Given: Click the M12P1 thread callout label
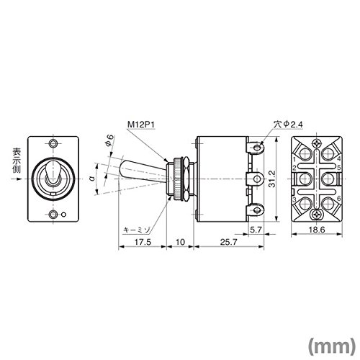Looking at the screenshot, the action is tap(141, 125).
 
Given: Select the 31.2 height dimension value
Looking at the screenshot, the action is tap(272, 179).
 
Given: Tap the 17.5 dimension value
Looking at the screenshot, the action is tap(143, 242).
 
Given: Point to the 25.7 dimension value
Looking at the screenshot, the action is tap(228, 242).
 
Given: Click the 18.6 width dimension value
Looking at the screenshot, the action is tap(317, 230).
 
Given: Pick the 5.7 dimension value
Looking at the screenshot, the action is tap(256, 230).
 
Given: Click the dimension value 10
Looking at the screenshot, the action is tap(180, 242).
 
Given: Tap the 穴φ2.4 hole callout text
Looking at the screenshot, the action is tap(288, 125).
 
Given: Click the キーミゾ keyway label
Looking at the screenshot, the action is tap(137, 230).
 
